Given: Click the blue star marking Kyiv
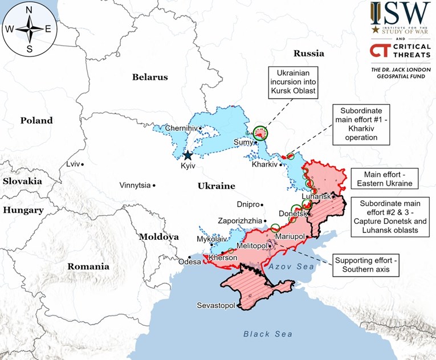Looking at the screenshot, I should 188,154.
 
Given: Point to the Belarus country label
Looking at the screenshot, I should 150,77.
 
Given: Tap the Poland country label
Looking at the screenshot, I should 36,120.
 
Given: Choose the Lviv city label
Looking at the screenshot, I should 73,164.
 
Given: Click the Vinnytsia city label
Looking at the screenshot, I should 135,185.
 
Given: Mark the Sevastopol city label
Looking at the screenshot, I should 215,306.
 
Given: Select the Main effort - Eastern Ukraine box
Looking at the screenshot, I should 382,178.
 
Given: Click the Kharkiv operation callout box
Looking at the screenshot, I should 360,124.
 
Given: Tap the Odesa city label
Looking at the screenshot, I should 189,262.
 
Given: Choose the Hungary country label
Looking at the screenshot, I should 23,210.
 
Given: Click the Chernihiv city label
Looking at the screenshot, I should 181,128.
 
